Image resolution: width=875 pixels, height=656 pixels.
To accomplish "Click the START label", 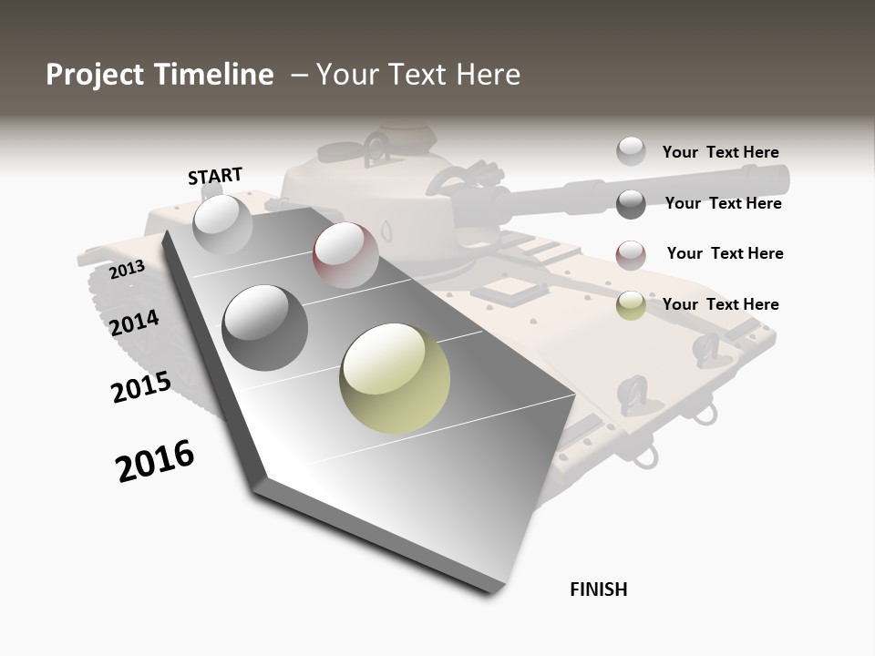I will [x=215, y=175].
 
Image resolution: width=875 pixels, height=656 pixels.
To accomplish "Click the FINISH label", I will [x=599, y=589].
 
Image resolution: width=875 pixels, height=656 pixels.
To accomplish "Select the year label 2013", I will [x=127, y=270].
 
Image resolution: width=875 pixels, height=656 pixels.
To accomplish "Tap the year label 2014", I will [x=134, y=323].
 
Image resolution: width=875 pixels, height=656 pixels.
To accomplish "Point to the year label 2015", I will [x=141, y=387].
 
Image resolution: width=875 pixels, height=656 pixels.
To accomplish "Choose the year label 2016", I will [x=155, y=461].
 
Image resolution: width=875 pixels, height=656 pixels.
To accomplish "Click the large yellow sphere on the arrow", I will [x=395, y=378].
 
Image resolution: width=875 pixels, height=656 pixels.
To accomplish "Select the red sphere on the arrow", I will [x=345, y=254].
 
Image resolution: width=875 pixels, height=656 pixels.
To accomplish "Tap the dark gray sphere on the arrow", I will [x=265, y=327].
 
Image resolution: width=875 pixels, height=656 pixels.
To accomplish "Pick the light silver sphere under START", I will [x=222, y=224].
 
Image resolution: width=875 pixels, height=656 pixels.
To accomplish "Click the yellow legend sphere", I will [x=631, y=305].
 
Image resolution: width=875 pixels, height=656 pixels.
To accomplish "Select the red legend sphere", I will [x=631, y=255].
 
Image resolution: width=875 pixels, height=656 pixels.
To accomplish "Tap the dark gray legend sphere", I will [x=631, y=204].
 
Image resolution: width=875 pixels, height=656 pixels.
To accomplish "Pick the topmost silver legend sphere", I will [x=631, y=151].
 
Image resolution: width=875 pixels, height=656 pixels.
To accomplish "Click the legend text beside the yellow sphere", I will [x=720, y=304].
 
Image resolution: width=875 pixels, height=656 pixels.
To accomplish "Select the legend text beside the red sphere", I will [x=725, y=253].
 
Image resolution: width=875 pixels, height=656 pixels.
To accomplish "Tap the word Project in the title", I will [x=93, y=75].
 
